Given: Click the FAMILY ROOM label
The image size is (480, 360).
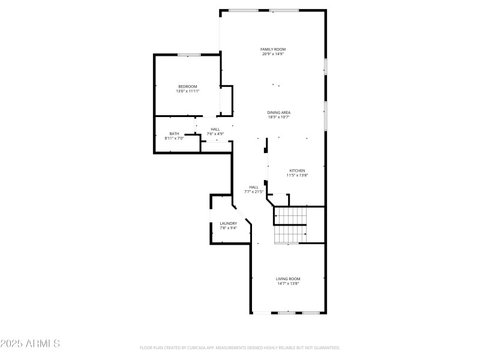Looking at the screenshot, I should (272, 49).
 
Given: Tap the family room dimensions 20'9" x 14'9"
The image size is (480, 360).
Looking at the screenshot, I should (272, 54).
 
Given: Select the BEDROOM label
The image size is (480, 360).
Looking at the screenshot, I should (187, 86).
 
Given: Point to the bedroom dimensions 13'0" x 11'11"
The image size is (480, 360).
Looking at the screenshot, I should (187, 91).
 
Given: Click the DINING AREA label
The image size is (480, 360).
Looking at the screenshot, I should (279, 112).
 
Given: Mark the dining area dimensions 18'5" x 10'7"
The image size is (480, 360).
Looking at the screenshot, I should (279, 117).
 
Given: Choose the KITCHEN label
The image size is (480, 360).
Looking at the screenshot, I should (298, 170).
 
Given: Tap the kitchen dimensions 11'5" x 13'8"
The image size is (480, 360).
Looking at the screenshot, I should (298, 175).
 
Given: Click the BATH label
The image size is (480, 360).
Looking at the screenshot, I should (174, 134).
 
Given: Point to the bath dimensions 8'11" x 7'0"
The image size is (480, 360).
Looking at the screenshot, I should (174, 139).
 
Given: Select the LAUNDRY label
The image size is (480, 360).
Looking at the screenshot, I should (228, 223).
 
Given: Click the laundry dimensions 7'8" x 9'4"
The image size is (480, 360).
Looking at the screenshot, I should (228, 228).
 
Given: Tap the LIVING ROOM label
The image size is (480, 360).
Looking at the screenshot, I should (288, 278).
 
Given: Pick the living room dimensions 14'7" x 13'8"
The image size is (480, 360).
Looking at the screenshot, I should (288, 283).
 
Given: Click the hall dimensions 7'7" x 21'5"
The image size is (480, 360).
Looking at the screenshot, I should (254, 191).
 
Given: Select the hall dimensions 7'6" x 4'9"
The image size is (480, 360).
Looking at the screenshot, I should (215, 133).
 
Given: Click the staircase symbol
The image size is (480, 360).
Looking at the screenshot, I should (290, 225).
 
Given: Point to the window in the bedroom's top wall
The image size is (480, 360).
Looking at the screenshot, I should (188, 55).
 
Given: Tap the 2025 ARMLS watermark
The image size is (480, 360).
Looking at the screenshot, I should (30, 344).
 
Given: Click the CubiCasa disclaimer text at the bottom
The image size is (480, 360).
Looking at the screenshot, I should (240, 347).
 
